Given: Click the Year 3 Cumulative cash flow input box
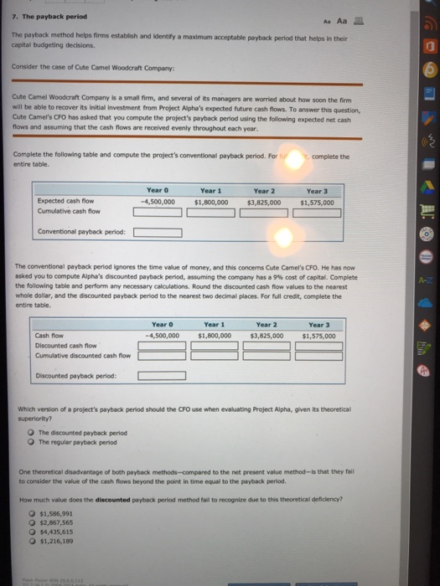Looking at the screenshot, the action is (x=318, y=213).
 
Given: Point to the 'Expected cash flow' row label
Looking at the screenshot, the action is (x=65, y=202).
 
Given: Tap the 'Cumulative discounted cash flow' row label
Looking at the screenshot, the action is (x=75, y=356).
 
